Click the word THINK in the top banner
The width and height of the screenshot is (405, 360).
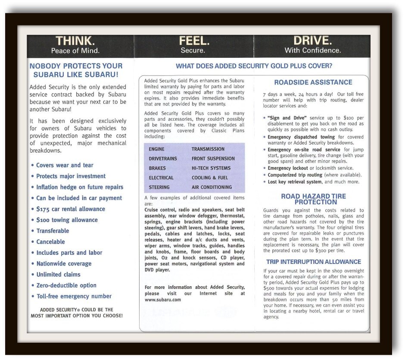click(75, 41)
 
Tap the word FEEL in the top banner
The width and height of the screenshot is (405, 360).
click(194, 41)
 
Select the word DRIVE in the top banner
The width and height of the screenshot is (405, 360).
click(312, 41)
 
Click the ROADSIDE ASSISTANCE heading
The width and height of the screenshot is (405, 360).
click(313, 82)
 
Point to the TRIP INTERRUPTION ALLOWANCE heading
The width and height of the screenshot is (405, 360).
click(313, 262)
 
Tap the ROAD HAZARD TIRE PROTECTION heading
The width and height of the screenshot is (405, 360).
click(313, 199)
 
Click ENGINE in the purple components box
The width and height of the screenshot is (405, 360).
click(156, 149)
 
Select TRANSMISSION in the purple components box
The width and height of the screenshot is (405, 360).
click(208, 149)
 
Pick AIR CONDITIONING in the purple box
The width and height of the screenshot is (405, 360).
click(212, 187)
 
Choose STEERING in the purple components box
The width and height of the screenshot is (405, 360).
click(159, 187)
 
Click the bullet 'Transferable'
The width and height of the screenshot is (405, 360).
click(53, 231)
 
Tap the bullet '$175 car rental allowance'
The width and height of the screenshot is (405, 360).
click(71, 209)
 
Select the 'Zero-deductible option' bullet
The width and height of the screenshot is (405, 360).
click(66, 285)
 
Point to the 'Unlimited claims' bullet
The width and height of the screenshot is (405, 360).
click(58, 274)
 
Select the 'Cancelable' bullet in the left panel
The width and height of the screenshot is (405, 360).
click(50, 242)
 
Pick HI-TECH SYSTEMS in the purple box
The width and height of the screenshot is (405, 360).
click(211, 168)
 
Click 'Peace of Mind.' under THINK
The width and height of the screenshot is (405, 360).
click(75, 51)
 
